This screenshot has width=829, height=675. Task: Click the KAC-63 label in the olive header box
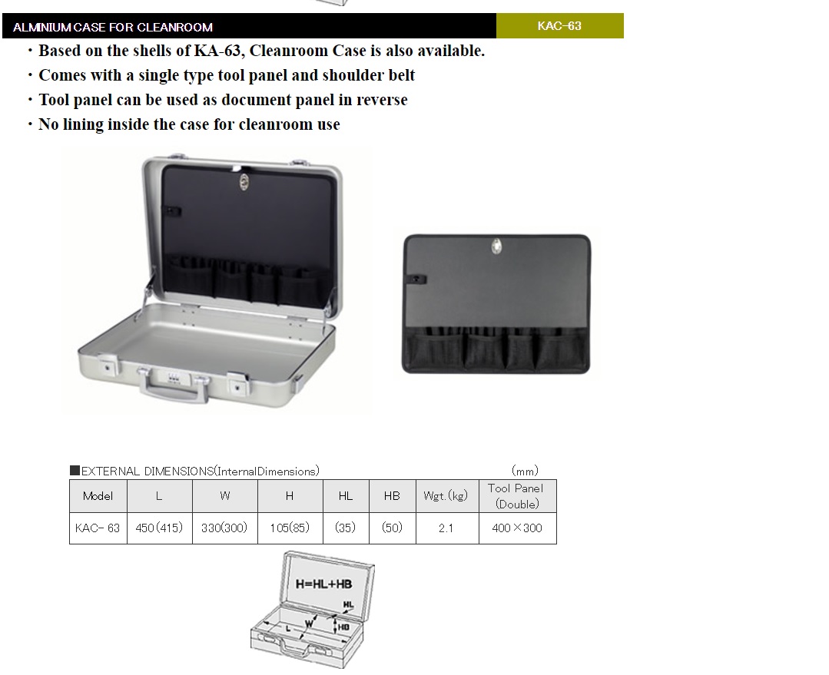point(559,26)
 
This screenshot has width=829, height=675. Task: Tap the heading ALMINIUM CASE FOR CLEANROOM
point(113,27)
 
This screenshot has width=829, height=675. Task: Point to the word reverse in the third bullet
point(382,100)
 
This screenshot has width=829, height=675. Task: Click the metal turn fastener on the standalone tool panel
point(496,246)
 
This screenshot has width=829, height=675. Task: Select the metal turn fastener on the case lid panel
point(244,182)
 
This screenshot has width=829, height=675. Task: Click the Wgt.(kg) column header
point(446,496)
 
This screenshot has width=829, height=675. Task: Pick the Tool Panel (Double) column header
point(516,496)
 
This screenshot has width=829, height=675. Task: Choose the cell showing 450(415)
point(159,528)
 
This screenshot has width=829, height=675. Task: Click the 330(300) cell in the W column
point(224,528)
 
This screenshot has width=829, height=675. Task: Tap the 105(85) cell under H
point(290,528)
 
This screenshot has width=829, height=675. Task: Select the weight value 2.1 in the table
point(446,528)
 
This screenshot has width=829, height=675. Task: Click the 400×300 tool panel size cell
point(517,528)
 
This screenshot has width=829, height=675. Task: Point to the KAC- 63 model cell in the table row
point(98,528)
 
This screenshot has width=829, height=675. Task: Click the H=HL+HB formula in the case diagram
point(323,584)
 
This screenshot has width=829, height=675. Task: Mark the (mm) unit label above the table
point(525,471)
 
